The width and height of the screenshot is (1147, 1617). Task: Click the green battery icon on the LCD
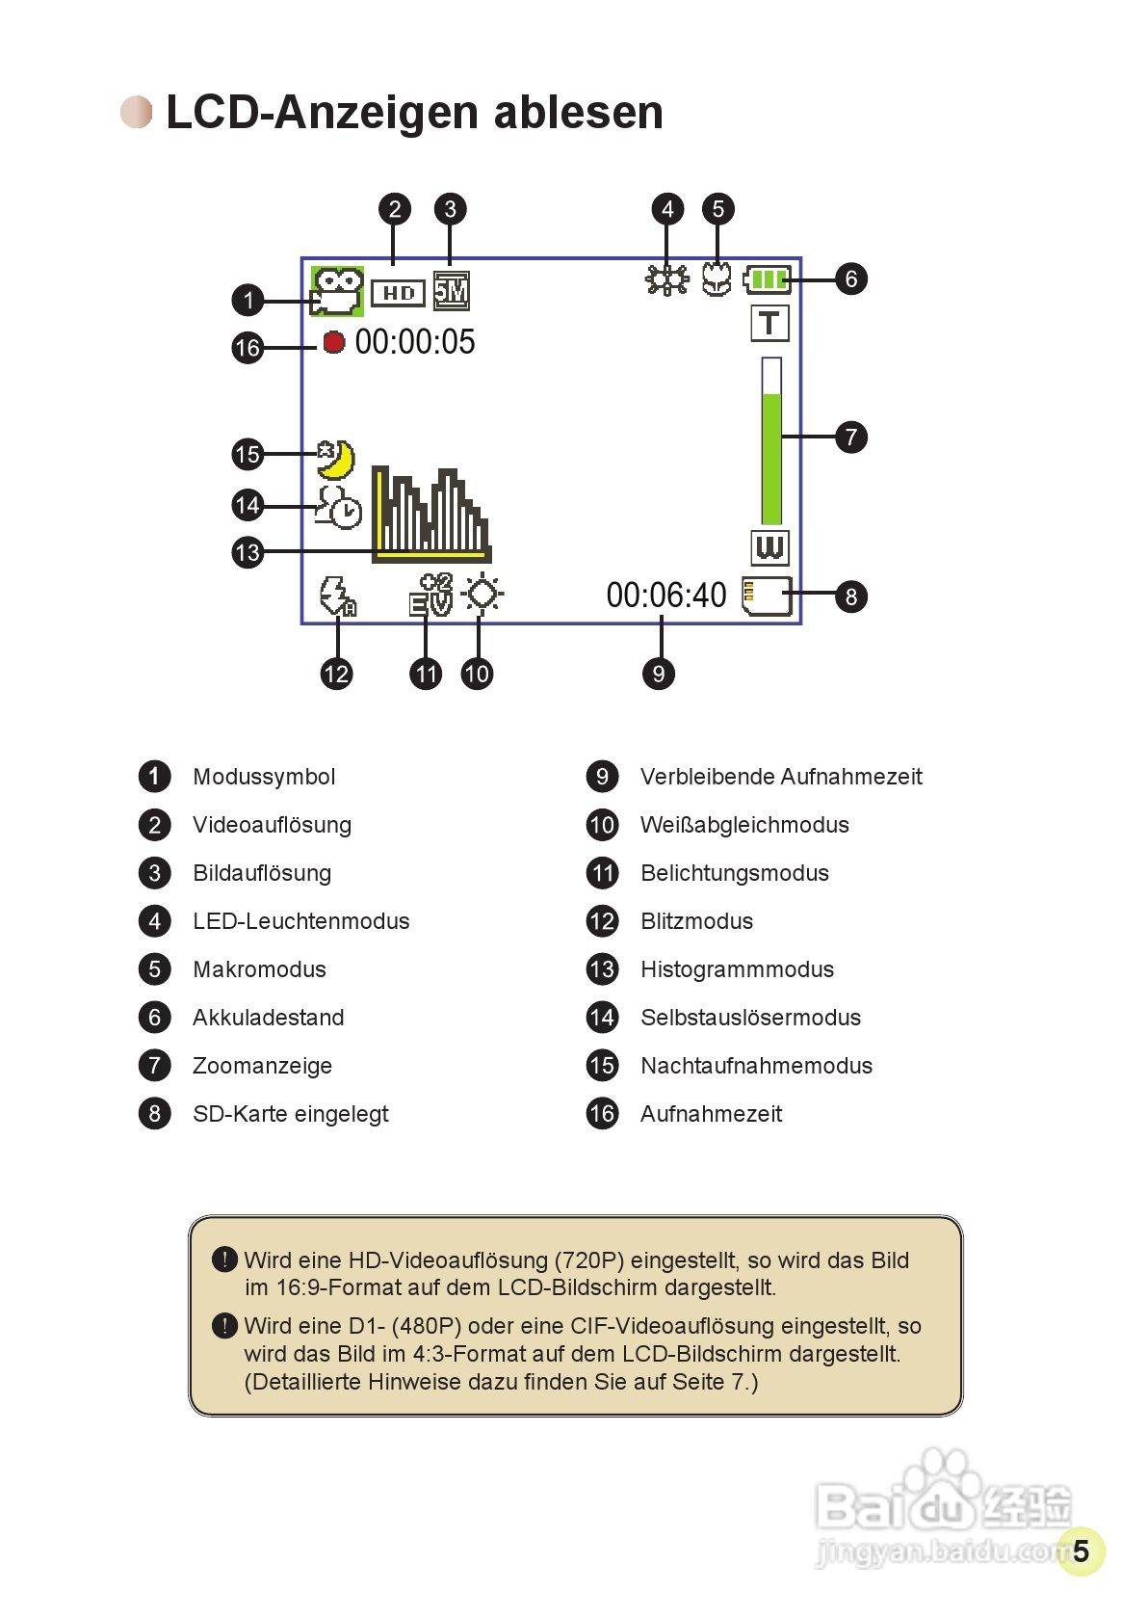768,279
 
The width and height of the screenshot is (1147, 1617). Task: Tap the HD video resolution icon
398,293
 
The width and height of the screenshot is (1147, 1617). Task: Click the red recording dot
333,342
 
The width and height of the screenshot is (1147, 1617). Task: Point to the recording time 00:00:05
415,342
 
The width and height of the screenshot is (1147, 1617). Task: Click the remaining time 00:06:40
665,596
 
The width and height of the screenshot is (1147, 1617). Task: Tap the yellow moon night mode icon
336,460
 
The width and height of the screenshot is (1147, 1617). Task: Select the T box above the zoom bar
769,323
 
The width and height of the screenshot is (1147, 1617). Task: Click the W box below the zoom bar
769,547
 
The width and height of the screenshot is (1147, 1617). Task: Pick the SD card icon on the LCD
767,596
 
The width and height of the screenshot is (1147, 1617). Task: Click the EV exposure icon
430,595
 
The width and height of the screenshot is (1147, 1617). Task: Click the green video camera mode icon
336,291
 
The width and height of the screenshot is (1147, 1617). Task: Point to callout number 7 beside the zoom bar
851,437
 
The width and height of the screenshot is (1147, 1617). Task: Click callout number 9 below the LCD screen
659,674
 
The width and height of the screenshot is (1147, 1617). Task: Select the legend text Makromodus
259,969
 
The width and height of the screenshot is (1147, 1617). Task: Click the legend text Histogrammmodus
737,969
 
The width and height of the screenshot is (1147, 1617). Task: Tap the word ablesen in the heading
578,112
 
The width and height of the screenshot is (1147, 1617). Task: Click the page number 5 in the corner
1081,1551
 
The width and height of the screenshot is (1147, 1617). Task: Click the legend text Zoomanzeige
262,1066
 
